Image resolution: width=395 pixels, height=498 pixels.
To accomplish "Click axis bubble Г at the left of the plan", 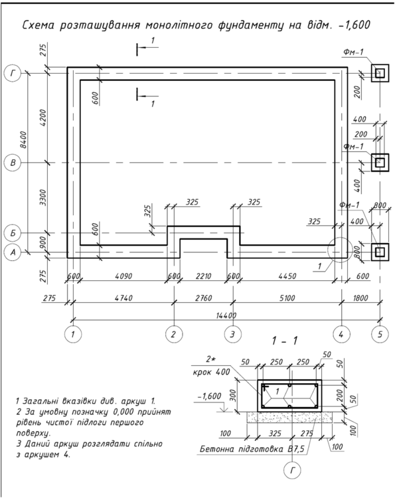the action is coord(13,73).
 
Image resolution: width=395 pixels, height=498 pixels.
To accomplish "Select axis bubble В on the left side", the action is coord(13,163).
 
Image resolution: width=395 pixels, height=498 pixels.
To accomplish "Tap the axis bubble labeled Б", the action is coord(13,233).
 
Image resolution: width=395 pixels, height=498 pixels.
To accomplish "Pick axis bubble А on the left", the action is coord(13,252).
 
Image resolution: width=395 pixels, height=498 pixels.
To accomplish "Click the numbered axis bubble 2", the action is coord(173,334).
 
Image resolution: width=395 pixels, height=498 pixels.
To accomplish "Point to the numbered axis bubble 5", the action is coord(380,334).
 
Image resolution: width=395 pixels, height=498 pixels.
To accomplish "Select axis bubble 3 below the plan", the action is coord(233,334).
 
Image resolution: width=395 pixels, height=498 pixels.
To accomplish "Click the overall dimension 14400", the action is coord(226,315).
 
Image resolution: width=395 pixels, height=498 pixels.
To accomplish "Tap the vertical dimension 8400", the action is coord(23,139).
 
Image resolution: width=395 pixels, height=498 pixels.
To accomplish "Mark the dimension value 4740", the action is coord(123,298).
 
